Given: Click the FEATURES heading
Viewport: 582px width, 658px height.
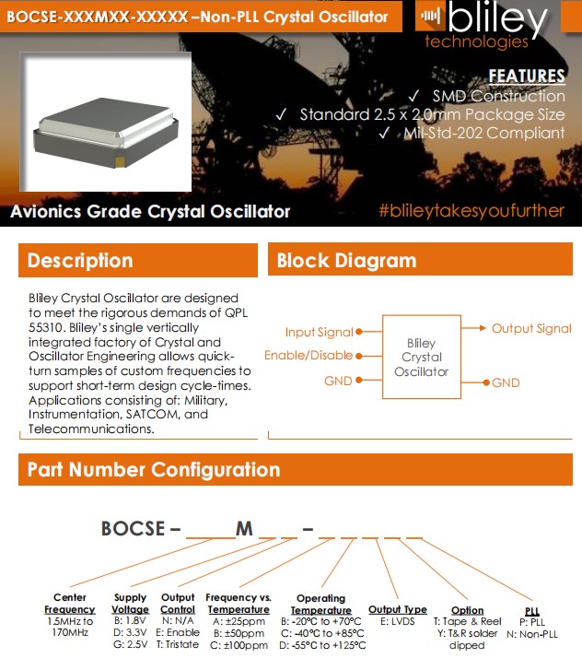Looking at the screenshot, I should click(526, 76).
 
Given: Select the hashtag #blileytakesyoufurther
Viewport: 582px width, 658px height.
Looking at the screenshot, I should click(471, 211).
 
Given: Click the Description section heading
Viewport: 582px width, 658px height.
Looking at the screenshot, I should click(80, 261).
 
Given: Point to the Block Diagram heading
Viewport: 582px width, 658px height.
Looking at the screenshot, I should click(346, 261).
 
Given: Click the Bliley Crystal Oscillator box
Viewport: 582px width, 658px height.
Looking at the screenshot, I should click(421, 357).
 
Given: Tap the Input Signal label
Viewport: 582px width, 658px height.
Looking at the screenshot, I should click(319, 332).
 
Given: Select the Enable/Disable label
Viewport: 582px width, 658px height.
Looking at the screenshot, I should click(308, 356).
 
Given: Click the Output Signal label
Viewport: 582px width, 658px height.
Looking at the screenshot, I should click(530, 328).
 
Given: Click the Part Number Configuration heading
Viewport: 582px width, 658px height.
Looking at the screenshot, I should click(153, 470).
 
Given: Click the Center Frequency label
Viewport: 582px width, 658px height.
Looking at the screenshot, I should click(70, 604).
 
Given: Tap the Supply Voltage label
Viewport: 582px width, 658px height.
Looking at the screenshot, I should click(130, 604).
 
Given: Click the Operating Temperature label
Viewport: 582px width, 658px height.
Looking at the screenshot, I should click(320, 605).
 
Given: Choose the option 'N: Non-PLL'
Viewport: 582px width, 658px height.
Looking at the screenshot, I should click(532, 634).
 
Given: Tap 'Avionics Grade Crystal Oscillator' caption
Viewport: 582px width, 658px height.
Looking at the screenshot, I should click(150, 211).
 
